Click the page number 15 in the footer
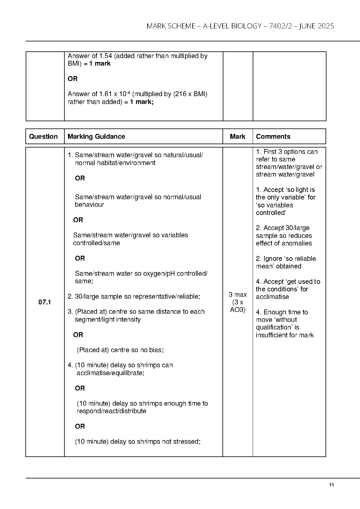point(332,485)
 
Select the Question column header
point(43,136)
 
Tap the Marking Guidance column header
point(96,136)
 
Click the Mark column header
point(238,136)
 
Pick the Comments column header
point(273,136)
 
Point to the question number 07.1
point(44,302)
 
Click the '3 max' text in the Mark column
point(238,294)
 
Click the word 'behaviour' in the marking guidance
point(89,205)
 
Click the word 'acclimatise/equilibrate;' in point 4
point(110,373)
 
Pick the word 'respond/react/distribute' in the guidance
point(111,411)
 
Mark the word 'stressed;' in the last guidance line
point(187,442)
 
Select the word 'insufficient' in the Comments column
point(271,335)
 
